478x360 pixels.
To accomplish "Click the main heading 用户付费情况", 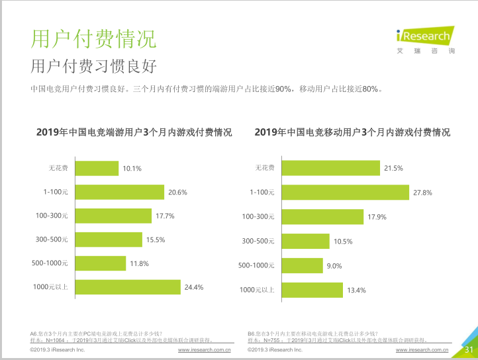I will [x=94, y=39].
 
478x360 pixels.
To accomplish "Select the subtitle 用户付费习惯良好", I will [x=93, y=67].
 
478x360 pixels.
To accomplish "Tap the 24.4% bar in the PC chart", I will [x=127, y=287].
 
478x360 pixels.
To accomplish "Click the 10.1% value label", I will [x=132, y=169].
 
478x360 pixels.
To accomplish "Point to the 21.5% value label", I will [x=393, y=169].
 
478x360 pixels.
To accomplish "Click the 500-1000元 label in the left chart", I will [x=50, y=263].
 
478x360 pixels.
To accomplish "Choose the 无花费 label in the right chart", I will [x=265, y=168].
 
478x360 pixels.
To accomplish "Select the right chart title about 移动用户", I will [x=352, y=132].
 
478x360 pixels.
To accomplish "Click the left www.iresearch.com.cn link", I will [x=204, y=349].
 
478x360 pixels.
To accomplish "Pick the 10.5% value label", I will [x=343, y=242].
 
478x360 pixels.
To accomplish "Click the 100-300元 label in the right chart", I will [x=258, y=216].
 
